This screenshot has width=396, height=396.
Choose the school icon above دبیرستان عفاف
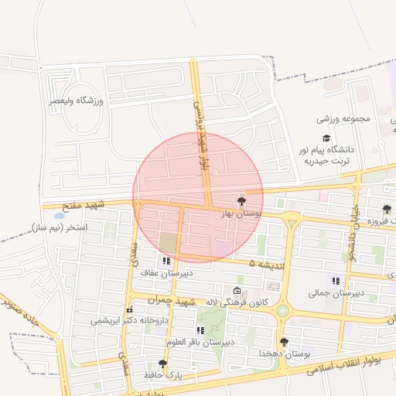pyautogui.click(x=166, y=261)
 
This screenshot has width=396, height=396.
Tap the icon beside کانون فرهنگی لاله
pyautogui.click(x=237, y=292)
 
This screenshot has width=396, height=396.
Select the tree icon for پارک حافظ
pyautogui.click(x=162, y=363)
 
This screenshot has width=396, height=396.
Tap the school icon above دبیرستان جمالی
pyautogui.click(x=336, y=281)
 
